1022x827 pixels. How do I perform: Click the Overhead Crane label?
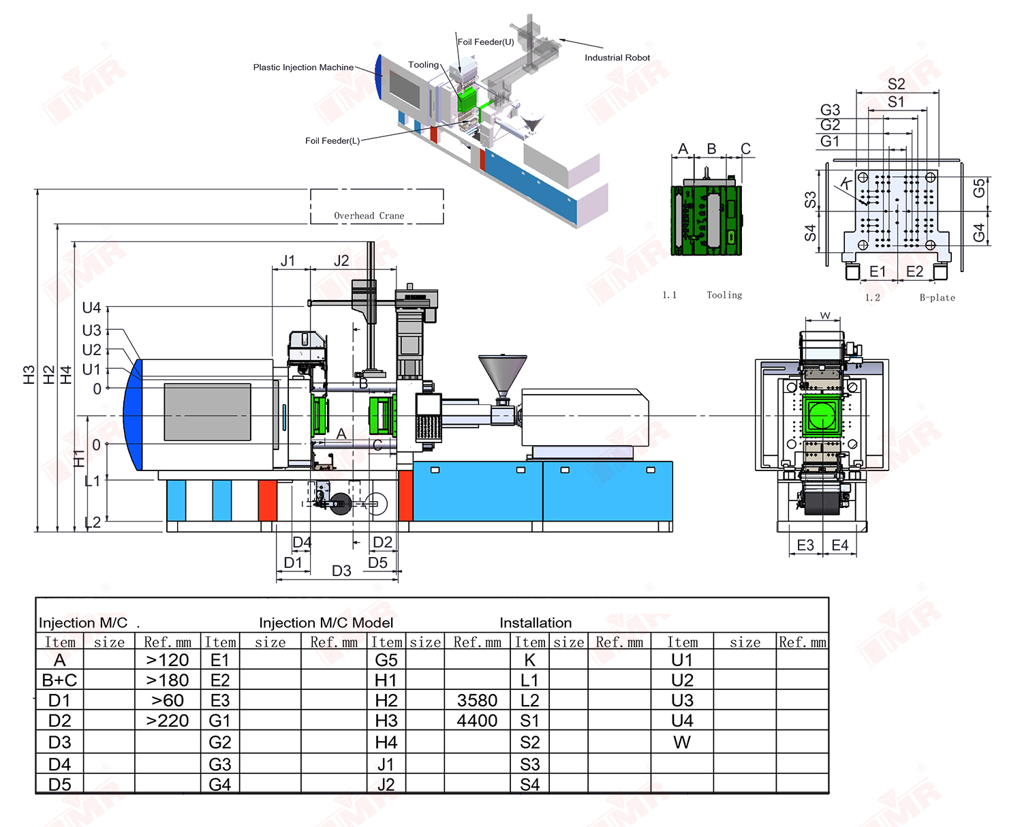[x=369, y=215]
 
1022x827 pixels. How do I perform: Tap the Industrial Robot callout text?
[x=617, y=57]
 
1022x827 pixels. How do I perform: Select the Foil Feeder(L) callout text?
[x=332, y=140]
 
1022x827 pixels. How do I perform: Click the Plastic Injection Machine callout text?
[x=303, y=67]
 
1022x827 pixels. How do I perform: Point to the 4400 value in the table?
[x=477, y=721]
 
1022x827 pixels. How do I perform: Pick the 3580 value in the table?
[x=477, y=700]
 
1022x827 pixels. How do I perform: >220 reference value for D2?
[x=168, y=721]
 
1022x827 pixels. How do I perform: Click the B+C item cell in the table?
[x=59, y=680]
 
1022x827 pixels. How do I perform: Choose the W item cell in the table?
[x=682, y=742]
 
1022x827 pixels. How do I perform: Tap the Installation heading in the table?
[x=536, y=622]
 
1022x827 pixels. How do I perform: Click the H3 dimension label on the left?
[x=29, y=374]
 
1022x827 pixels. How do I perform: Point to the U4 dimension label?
[x=92, y=307]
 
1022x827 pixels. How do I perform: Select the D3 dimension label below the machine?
[x=341, y=571]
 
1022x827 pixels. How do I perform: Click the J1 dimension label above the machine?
[x=288, y=260]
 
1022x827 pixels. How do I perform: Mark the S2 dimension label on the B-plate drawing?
[x=896, y=84]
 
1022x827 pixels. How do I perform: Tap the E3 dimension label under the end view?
[x=805, y=545]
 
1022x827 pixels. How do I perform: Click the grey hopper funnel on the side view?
[x=502, y=374]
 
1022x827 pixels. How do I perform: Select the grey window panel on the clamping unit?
[x=207, y=412]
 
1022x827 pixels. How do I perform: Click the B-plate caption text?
[x=937, y=297]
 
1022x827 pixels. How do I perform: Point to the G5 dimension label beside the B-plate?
[x=979, y=187]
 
